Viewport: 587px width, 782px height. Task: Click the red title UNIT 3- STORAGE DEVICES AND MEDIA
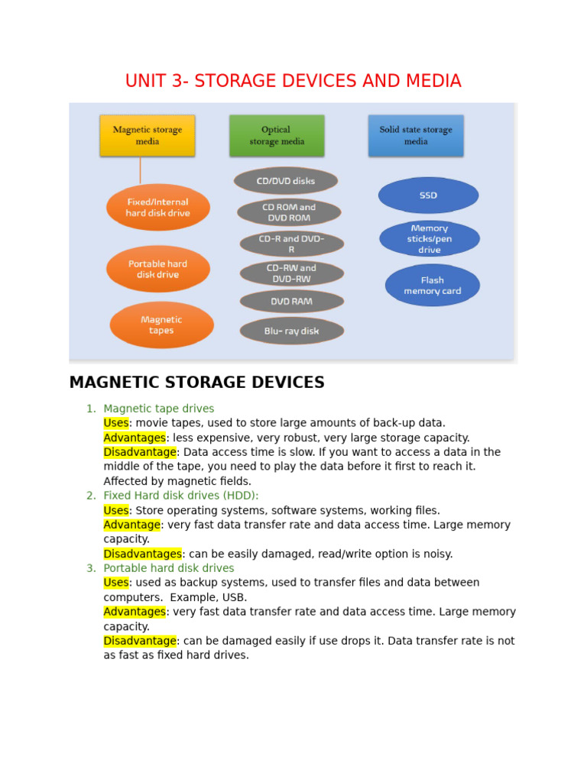click(293, 81)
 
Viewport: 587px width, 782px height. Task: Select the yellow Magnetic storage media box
click(148, 136)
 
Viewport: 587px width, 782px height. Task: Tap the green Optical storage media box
click(277, 136)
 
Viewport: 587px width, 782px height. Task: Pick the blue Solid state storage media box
click(416, 136)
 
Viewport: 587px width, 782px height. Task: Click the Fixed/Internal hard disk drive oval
click(158, 208)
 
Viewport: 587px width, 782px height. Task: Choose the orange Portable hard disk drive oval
click(158, 269)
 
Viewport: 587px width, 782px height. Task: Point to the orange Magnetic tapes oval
click(161, 325)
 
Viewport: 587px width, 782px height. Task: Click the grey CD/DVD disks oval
click(286, 181)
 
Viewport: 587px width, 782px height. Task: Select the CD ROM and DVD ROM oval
click(289, 212)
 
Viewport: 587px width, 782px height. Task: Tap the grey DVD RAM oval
click(291, 302)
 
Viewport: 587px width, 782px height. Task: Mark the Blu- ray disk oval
click(291, 331)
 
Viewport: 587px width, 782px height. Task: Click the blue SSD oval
click(428, 195)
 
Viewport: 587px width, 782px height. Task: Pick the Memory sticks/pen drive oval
click(430, 239)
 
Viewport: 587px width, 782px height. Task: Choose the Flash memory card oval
click(433, 286)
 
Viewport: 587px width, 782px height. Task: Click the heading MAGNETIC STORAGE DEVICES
click(196, 383)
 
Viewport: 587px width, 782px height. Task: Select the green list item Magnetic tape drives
click(159, 409)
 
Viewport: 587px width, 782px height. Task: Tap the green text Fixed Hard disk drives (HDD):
click(181, 496)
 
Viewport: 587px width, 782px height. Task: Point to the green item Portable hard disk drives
click(169, 568)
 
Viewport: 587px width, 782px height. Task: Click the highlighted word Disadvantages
click(142, 554)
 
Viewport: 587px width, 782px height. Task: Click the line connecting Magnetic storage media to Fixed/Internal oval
click(140, 170)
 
